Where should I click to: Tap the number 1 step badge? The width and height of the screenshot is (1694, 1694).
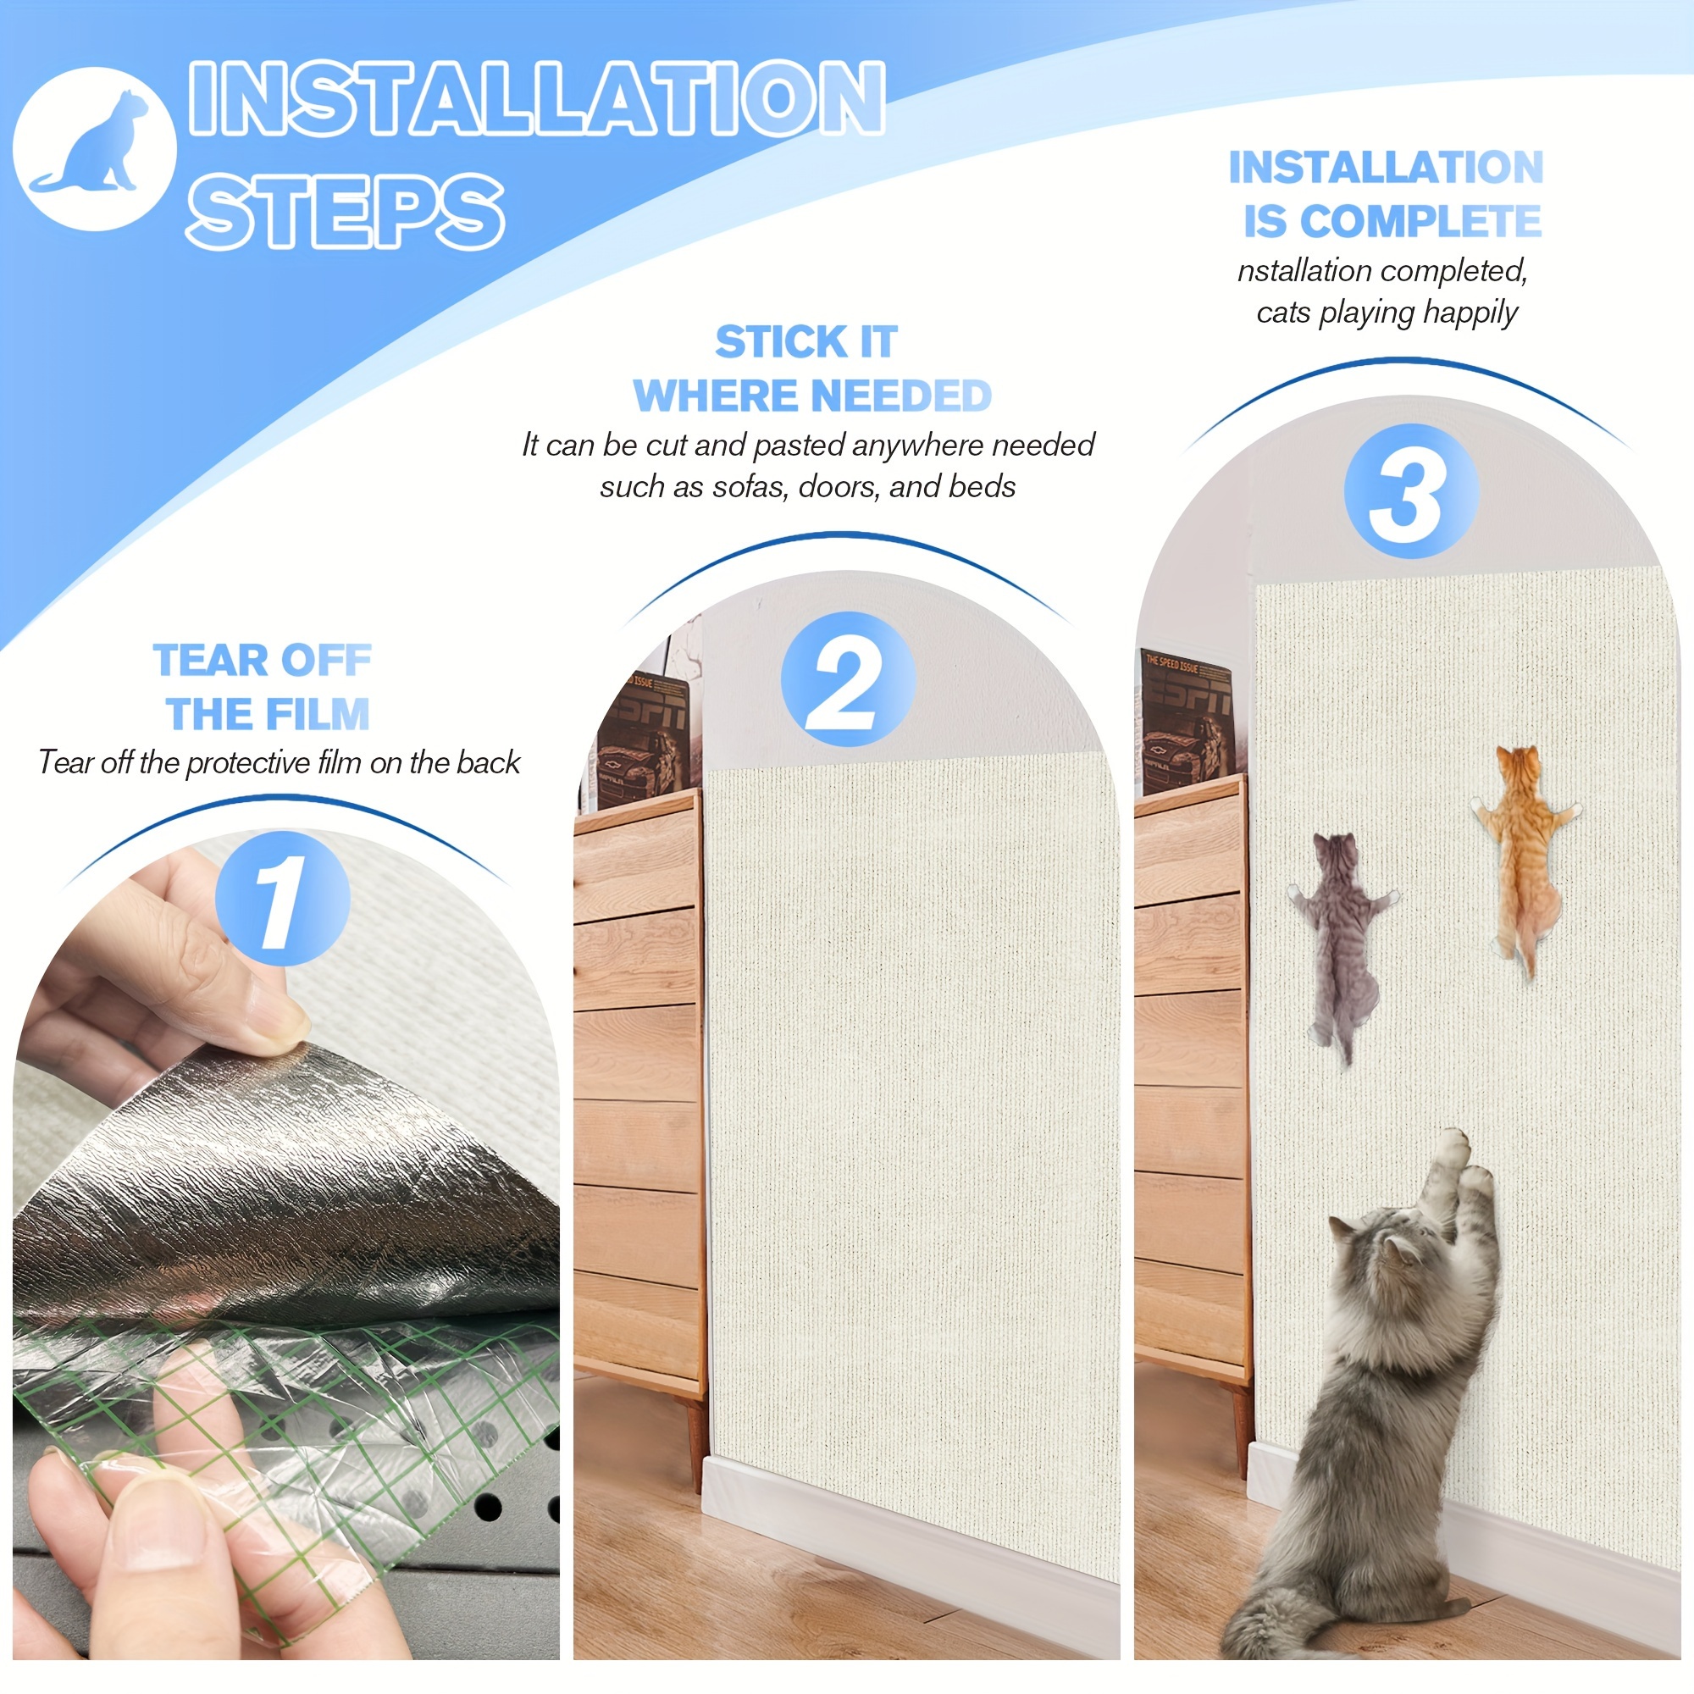pos(281,898)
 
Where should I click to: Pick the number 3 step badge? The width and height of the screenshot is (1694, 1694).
pos(1411,491)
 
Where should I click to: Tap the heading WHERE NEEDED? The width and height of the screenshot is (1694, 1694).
pos(812,396)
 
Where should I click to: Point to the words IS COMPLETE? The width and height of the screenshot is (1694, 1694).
pos(1392,221)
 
